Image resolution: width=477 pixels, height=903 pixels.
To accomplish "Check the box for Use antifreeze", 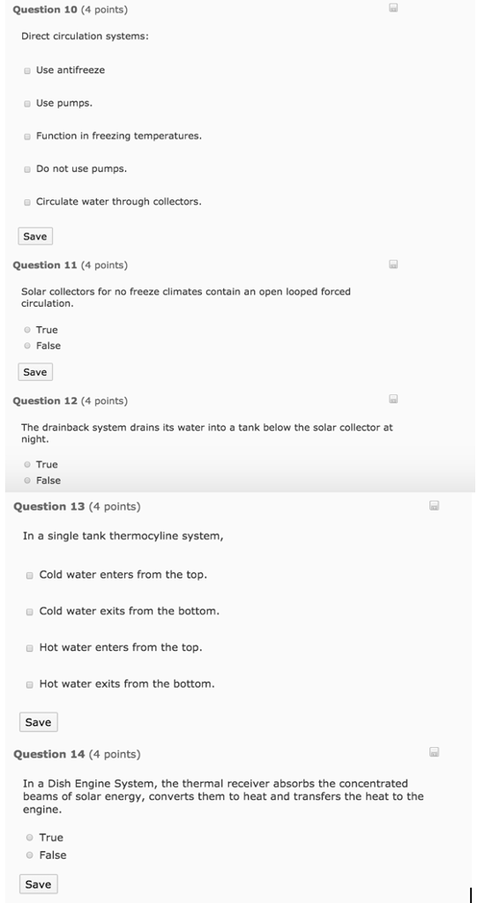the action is [28, 71].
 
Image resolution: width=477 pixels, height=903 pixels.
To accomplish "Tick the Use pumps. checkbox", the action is [28, 103].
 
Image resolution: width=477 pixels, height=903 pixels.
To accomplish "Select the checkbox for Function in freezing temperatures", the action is [28, 137].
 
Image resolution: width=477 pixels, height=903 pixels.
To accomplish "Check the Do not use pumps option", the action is [28, 169].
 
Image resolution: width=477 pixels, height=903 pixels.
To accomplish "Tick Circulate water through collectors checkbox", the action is [28, 202].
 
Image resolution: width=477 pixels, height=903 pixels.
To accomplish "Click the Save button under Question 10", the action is [35, 236].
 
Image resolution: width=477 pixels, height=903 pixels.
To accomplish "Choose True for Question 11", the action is [28, 330].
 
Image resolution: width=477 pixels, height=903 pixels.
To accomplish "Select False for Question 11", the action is [28, 346].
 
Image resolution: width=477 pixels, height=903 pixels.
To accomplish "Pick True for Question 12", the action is [28, 465].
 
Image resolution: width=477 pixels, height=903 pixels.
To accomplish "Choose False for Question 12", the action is [28, 481].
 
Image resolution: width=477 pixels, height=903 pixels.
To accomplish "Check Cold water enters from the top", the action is [30, 575].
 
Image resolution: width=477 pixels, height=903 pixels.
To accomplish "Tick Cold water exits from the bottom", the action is [30, 611].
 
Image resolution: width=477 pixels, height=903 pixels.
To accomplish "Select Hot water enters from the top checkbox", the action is [30, 647].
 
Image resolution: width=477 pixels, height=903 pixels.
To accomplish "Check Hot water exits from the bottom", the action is [30, 684].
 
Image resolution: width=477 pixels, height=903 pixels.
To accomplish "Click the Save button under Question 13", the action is [38, 722].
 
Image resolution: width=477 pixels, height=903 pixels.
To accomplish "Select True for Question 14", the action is [30, 838].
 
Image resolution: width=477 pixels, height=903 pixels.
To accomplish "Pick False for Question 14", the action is [30, 855].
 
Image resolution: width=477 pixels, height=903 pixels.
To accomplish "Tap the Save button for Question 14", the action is [38, 884].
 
